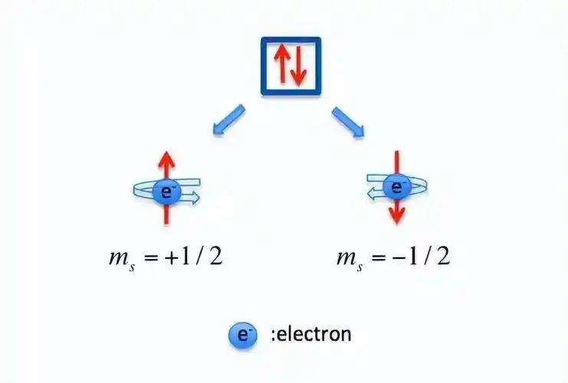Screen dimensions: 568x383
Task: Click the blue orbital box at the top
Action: click(263, 66)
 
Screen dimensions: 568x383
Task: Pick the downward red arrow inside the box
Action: click(298, 66)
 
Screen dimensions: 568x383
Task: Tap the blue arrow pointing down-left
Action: click(229, 120)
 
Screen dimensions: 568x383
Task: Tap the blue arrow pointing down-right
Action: click(348, 122)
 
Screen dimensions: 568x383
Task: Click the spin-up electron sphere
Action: click(166, 192)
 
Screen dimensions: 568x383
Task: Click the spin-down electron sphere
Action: click(396, 187)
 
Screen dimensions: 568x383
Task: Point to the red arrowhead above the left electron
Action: click(166, 159)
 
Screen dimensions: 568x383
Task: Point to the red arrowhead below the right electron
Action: click(397, 215)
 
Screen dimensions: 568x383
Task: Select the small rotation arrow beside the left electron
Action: click(190, 198)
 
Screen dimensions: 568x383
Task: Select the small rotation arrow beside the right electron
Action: click(375, 195)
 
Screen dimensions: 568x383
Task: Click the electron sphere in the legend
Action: click(243, 336)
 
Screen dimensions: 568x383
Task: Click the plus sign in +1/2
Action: click(172, 257)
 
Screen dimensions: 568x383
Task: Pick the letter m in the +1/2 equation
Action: click(119, 257)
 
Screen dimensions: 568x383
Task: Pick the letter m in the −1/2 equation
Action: click(346, 257)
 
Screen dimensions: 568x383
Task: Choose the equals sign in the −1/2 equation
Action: click(378, 257)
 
